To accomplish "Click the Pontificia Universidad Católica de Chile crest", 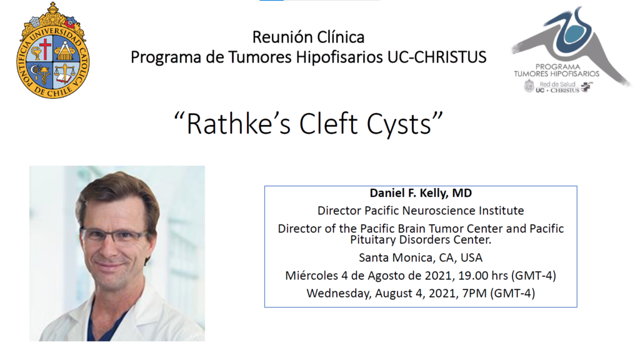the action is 52,51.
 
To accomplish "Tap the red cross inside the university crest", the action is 45,49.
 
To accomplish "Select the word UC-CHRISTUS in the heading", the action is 437,57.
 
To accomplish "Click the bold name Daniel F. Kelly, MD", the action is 421,193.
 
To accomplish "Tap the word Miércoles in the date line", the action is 311,276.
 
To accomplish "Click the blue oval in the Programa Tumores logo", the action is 576,32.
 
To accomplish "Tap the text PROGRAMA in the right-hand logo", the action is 557,66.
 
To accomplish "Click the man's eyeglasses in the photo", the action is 114,235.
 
